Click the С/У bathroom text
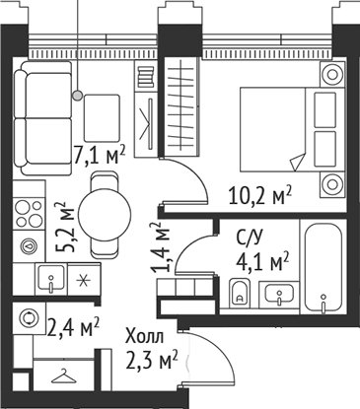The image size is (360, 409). pos(249,238)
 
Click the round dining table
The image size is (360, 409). pos(105,209)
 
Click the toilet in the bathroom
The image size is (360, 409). pos(239,293)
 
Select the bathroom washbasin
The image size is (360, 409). pos(280,293)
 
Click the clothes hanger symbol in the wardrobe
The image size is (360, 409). pos(63,377)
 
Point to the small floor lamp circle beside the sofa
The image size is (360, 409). pos(77,96)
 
